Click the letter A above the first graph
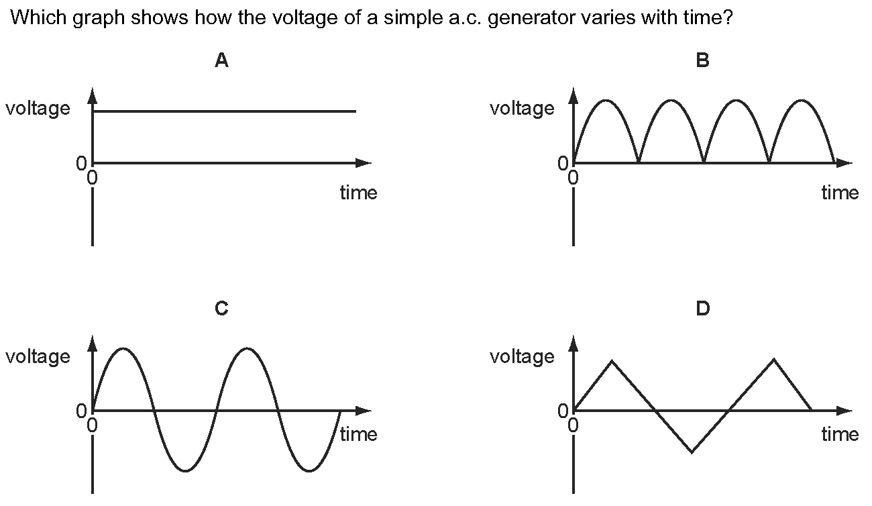pyautogui.click(x=221, y=60)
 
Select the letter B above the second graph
pyautogui.click(x=703, y=60)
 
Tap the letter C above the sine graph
pyautogui.click(x=221, y=308)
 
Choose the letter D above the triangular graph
pyautogui.click(x=703, y=308)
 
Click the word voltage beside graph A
pyautogui.click(x=38, y=109)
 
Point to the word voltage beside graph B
pyautogui.click(x=522, y=109)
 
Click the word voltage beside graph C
pyautogui.click(x=38, y=357)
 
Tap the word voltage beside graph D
pyautogui.click(x=522, y=357)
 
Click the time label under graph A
pyautogui.click(x=359, y=193)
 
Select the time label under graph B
pyautogui.click(x=840, y=193)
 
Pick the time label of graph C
pyautogui.click(x=359, y=434)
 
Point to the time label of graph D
pyautogui.click(x=840, y=434)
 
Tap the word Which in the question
pyautogui.click(x=38, y=17)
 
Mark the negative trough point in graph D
pyautogui.click(x=692, y=452)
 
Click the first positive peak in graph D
pyautogui.click(x=612, y=360)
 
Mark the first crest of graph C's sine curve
pyautogui.click(x=123, y=348)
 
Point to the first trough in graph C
pyautogui.click(x=185, y=471)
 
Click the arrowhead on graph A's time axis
pyautogui.click(x=364, y=163)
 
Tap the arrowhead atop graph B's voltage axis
pyautogui.click(x=574, y=96)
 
